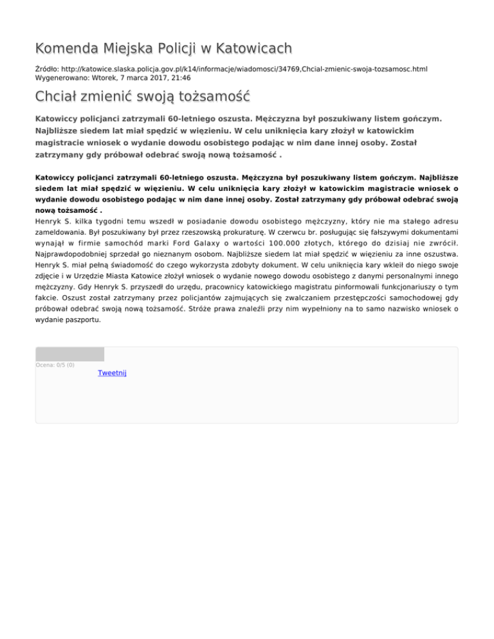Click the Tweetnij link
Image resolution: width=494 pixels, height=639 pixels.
pyautogui.click(x=112, y=373)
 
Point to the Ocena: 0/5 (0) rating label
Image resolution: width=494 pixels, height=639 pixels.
pyautogui.click(x=55, y=365)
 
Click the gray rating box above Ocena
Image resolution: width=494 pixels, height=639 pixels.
pyautogui.click(x=69, y=354)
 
